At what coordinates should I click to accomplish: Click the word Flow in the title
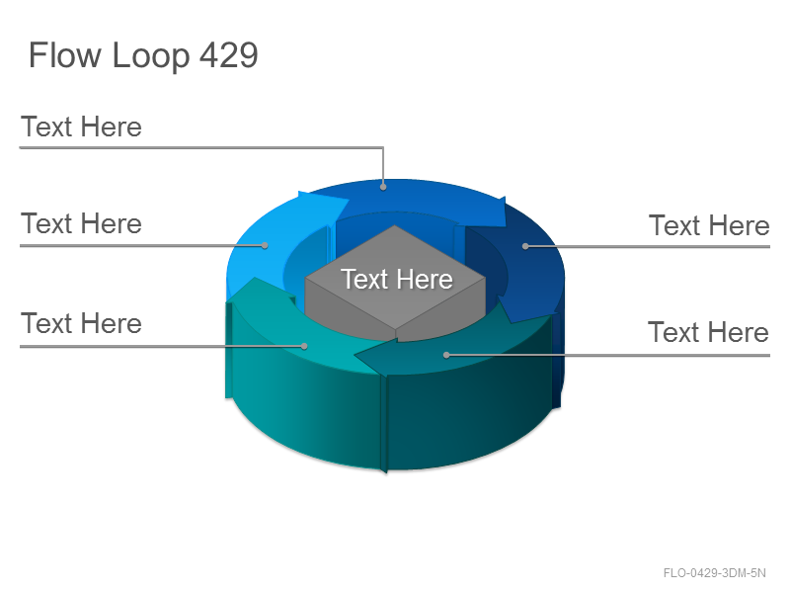tap(65, 54)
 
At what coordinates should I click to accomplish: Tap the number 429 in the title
tap(229, 54)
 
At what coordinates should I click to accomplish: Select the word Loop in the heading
tap(151, 56)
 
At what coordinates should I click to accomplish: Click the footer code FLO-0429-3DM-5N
tap(714, 573)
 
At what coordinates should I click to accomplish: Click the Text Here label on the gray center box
tap(397, 279)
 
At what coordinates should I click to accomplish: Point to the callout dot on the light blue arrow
tap(265, 245)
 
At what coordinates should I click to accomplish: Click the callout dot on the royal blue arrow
tap(383, 187)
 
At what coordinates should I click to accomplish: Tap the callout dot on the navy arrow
tap(525, 246)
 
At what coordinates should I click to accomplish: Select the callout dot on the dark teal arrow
tap(446, 355)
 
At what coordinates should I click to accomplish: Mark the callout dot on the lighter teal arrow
tap(304, 346)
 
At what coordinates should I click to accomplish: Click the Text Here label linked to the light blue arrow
tap(81, 223)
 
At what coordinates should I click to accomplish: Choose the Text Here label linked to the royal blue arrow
tap(81, 127)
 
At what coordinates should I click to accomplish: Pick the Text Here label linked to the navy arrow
tap(709, 225)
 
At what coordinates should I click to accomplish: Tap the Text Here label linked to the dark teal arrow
tap(708, 332)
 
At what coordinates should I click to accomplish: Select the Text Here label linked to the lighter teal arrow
tap(81, 323)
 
